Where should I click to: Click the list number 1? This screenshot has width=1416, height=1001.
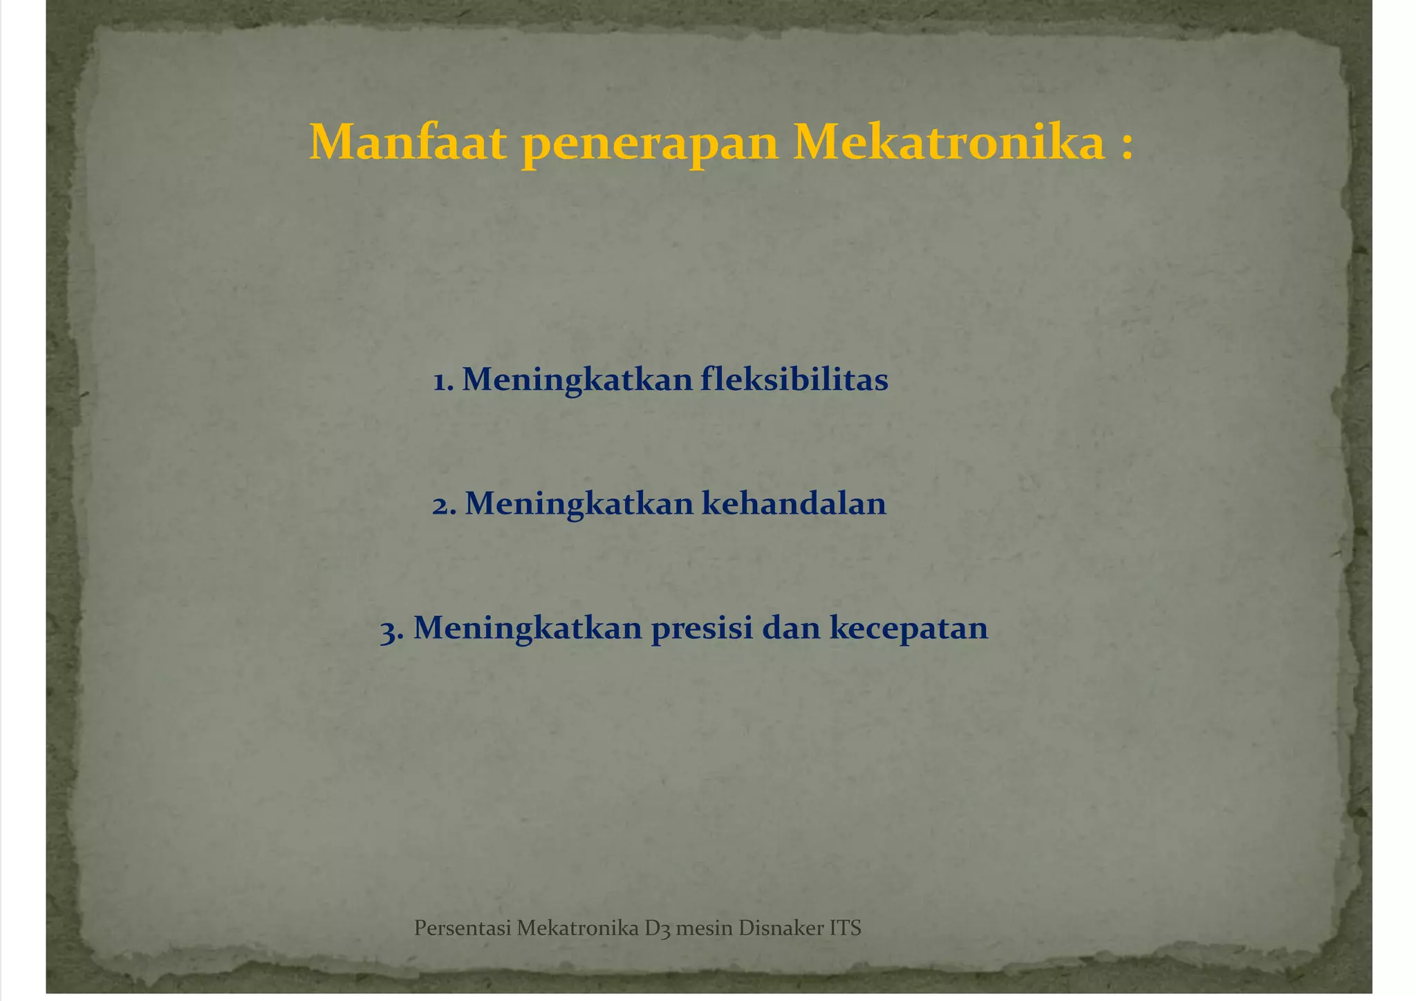coord(442,380)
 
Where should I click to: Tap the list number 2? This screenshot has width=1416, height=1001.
coord(443,505)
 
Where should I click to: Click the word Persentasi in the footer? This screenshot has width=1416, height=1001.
coord(462,928)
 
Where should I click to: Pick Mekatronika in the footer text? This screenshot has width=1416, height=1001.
coord(577,928)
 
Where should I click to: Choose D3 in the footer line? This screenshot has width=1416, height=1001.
coord(658,928)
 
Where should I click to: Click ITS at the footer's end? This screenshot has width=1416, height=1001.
coord(845,928)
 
